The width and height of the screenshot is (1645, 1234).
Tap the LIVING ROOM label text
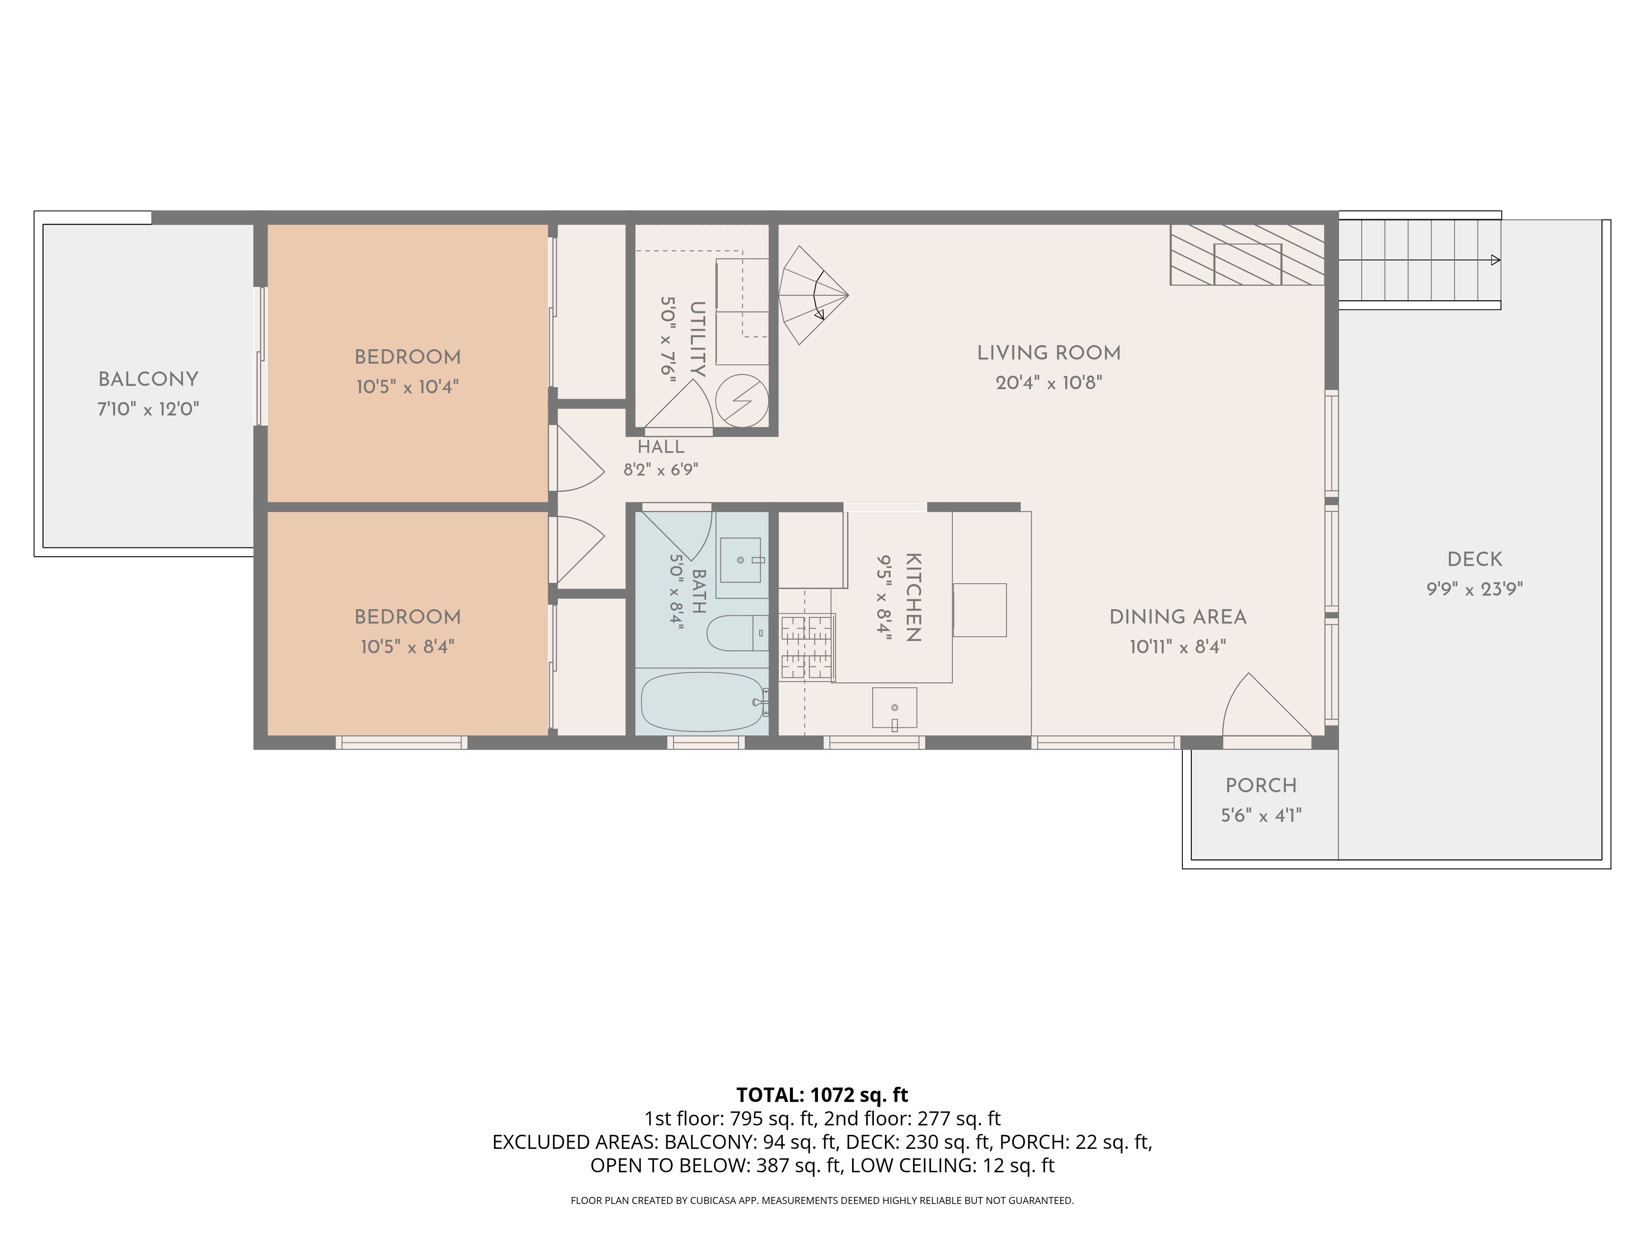click(x=1049, y=353)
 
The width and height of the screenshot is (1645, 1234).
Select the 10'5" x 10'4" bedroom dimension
click(x=408, y=387)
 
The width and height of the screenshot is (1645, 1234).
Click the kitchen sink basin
click(x=894, y=708)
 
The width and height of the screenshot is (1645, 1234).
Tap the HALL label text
click(x=660, y=447)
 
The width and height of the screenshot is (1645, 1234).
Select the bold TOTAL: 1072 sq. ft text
click(x=822, y=1095)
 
